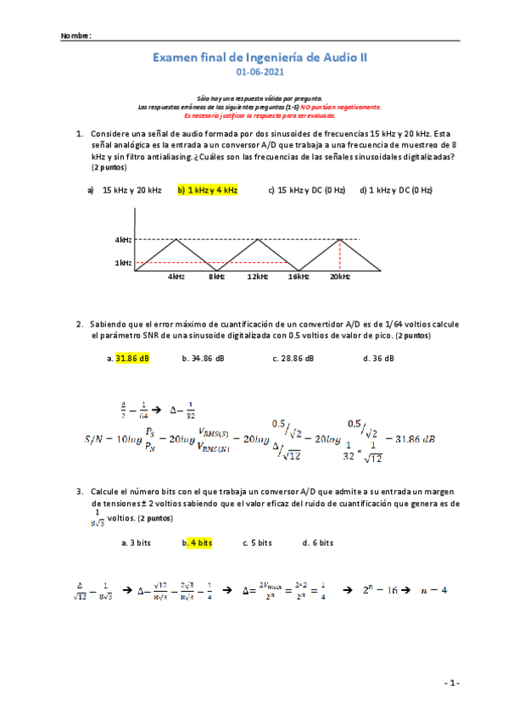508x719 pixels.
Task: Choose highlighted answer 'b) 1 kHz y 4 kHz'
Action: (208, 190)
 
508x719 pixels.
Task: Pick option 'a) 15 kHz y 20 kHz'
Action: (125, 190)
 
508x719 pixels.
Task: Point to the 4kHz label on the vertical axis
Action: (123, 241)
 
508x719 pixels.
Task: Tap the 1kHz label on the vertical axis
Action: (123, 263)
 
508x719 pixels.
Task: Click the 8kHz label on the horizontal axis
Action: (216, 276)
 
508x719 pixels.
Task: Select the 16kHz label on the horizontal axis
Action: (298, 276)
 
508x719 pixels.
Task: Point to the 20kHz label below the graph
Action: (340, 276)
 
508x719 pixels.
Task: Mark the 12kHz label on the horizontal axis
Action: (258, 276)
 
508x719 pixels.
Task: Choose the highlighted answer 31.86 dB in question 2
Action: (132, 359)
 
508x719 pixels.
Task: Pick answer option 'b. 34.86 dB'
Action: (204, 359)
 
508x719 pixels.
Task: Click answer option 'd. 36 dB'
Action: (378, 359)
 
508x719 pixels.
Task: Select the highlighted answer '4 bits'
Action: (200, 543)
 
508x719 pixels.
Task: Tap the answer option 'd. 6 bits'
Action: (317, 543)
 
